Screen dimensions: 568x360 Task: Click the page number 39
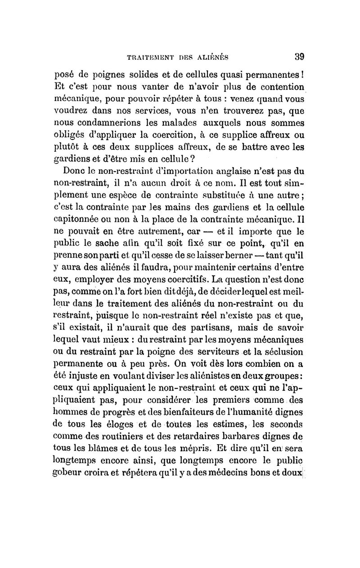(300, 57)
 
